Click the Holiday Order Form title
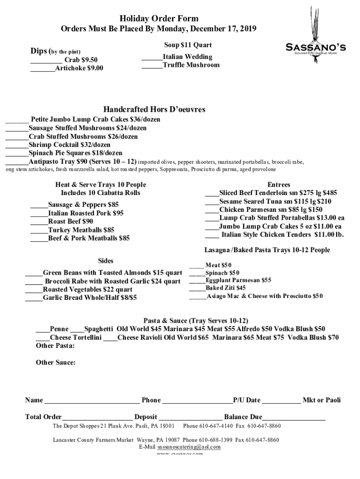click(x=159, y=19)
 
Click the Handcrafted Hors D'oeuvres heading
click(x=154, y=109)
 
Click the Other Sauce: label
click(x=56, y=363)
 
